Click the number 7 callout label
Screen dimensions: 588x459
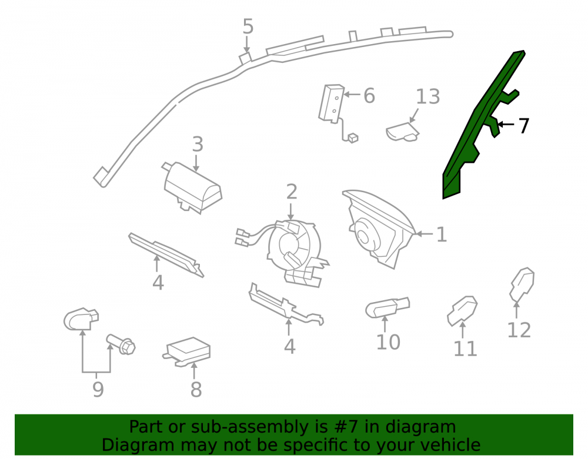524,126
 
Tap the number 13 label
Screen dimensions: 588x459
428,96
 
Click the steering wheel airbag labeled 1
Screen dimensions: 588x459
379,229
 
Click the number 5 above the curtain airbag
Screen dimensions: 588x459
248,26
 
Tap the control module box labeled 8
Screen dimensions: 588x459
188,351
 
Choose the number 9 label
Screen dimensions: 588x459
98,390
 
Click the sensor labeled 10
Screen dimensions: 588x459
387,307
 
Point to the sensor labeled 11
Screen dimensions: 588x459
462,310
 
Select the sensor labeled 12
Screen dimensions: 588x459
522,284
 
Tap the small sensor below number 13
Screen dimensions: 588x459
402,131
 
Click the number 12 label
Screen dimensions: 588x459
519,330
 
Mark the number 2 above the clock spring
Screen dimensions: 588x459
292,192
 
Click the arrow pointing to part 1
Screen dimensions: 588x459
425,234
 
